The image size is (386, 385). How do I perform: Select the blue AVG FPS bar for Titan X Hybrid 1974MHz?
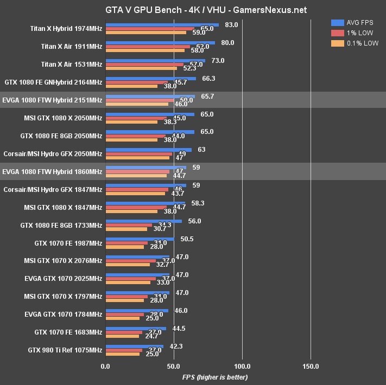tap(162, 24)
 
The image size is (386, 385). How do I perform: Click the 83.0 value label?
tap(231, 24)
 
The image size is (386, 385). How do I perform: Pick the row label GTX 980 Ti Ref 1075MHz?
tap(65, 350)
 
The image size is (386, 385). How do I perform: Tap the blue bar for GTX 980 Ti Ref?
tap(134, 345)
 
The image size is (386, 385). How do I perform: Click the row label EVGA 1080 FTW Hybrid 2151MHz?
tap(52, 100)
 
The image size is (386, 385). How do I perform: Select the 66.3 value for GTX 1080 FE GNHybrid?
tap(208, 78)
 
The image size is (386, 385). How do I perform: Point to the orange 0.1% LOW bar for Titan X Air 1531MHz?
tap(141, 68)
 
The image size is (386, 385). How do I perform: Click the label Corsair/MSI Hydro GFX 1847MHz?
tap(53, 190)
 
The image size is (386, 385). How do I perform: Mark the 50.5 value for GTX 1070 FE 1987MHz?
tap(187, 239)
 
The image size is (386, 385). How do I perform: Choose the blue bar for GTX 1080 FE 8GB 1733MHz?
tap(144, 221)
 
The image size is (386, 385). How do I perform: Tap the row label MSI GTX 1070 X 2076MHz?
tap(63, 261)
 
